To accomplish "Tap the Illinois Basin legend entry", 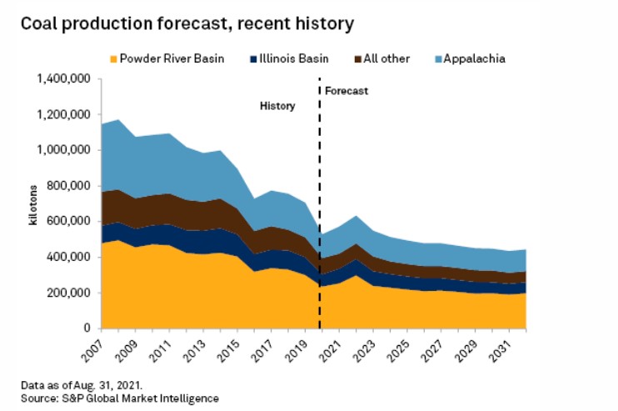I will pos(289,59).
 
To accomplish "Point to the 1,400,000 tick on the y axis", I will pos(66,79).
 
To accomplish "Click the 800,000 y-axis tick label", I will pos(71,186).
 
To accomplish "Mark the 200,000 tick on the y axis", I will pos(71,293).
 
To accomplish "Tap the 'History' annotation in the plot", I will pos(277,106).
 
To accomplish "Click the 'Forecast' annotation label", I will pos(346,89).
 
